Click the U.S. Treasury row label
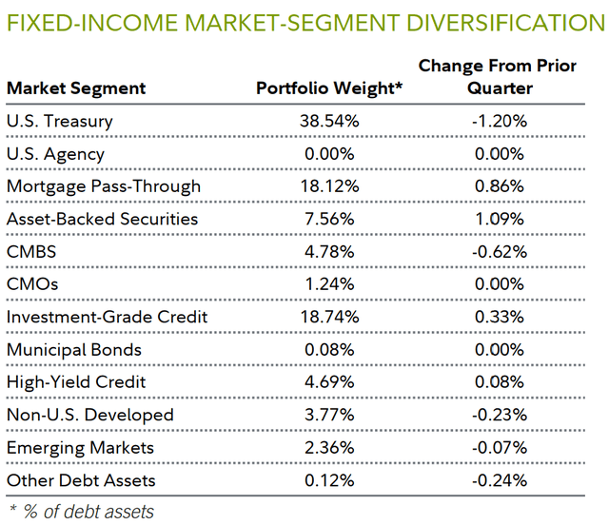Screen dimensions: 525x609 [59, 121]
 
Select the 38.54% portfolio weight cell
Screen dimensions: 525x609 [324, 121]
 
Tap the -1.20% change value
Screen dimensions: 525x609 [500, 121]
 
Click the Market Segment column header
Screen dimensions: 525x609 [76, 88]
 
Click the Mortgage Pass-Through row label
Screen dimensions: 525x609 [103, 186]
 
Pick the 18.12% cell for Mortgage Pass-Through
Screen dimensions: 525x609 [324, 186]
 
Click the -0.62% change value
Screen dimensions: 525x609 [500, 252]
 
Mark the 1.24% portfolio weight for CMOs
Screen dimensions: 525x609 [324, 284]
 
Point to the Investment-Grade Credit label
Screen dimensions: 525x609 [107, 317]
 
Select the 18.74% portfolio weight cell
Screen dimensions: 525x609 [324, 317]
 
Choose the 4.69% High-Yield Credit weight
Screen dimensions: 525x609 [324, 382]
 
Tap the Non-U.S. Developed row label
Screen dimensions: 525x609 [90, 415]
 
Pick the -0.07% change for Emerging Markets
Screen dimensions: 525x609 [500, 447]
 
